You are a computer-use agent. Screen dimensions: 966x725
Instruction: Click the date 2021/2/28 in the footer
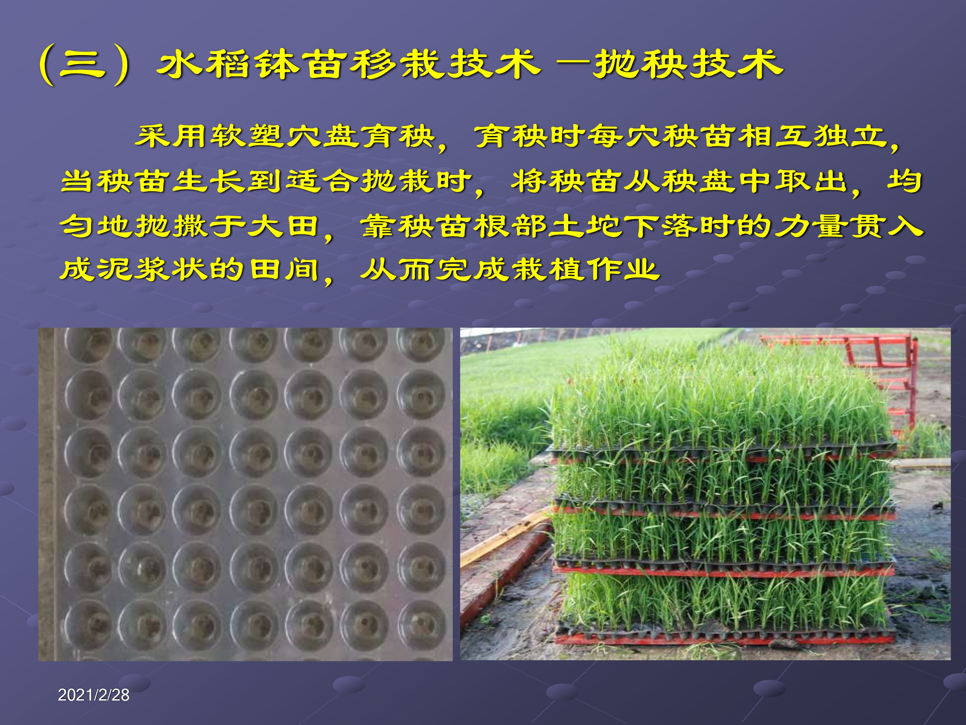coord(93,695)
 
